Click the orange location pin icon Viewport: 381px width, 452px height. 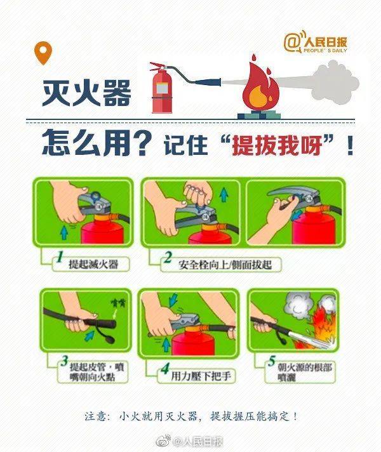(x=43, y=53)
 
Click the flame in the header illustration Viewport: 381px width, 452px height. (x=257, y=89)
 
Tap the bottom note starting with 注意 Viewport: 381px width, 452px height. (x=190, y=416)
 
